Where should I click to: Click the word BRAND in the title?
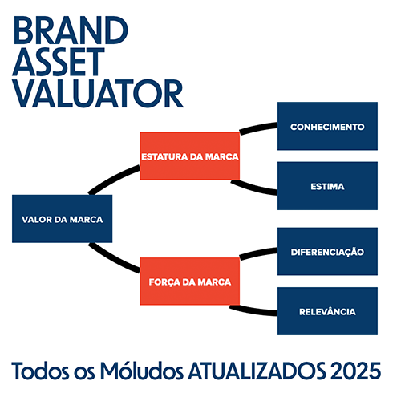(71, 30)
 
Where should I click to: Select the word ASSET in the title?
(59, 62)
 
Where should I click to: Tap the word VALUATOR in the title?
(98, 94)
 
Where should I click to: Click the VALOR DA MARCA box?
(62, 219)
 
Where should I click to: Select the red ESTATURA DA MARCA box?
(189, 156)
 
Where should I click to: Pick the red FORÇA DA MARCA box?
(189, 282)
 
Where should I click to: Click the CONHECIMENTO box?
(327, 126)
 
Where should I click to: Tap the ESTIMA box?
(327, 186)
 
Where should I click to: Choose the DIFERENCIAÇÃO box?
(327, 252)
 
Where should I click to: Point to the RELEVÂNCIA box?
(327, 311)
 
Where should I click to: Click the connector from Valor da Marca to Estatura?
(112, 178)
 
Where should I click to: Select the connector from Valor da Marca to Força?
(112, 259)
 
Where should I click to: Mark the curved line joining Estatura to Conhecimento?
(258, 128)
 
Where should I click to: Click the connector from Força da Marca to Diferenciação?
(258, 253)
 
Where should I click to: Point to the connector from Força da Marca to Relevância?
(253, 311)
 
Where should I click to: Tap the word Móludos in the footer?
(142, 371)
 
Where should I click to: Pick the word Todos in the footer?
(40, 371)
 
